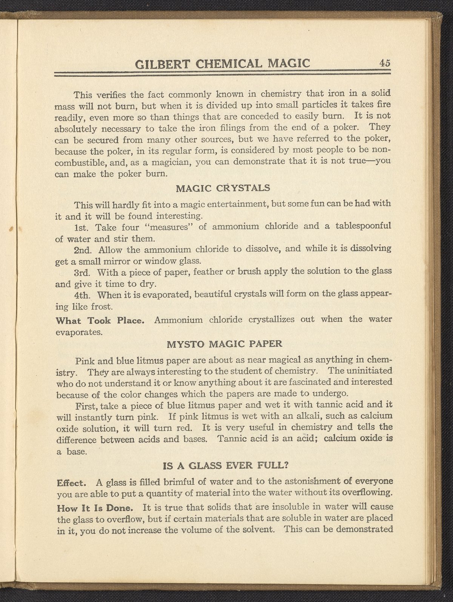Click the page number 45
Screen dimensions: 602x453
tap(385, 63)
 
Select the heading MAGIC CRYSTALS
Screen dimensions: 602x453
tap(223, 188)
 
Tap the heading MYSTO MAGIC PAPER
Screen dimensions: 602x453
tap(224, 344)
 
